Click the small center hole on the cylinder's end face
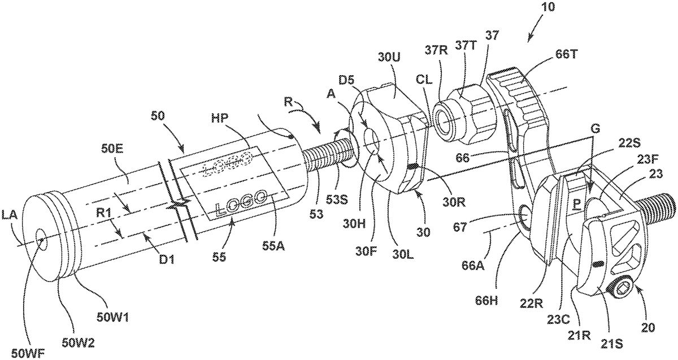41,238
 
